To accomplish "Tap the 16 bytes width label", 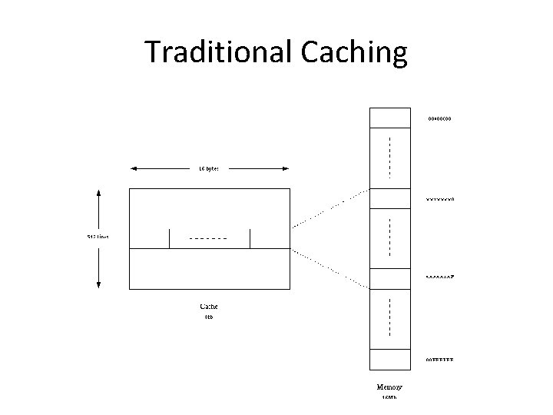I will tap(209, 168).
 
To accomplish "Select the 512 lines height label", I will tap(98, 237).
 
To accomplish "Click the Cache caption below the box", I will tap(209, 307).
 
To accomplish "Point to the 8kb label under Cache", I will tap(208, 317).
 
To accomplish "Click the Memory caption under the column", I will tap(390, 386).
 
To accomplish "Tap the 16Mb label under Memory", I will tap(389, 397).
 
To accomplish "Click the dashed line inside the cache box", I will tap(208, 238).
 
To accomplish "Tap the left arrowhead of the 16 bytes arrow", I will tap(133, 168).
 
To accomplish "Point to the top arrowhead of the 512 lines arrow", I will tap(98, 192).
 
